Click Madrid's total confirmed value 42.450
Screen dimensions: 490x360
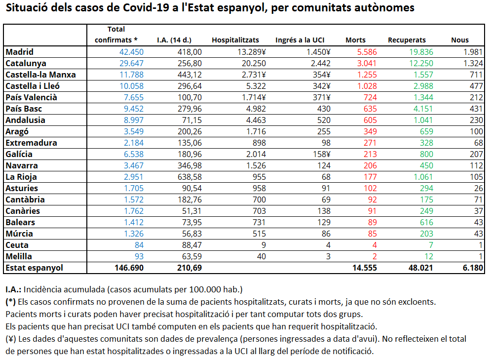(131, 52)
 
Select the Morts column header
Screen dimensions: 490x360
(355, 40)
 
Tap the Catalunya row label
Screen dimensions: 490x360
(26, 64)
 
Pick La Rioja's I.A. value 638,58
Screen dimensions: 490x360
(189, 177)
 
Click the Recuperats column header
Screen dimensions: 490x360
(407, 40)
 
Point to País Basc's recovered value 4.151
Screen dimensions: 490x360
(423, 109)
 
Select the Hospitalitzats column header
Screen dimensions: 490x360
(235, 40)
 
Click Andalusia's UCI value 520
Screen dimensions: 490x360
(324, 120)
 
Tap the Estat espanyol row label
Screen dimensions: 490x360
(35, 268)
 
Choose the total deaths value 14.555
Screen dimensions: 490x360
(364, 268)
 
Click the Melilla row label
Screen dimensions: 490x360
(19, 256)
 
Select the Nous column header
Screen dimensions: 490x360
(460, 40)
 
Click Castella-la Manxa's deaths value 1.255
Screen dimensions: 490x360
(367, 75)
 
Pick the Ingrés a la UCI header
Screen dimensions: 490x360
(300, 40)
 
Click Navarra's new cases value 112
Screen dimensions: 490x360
(476, 166)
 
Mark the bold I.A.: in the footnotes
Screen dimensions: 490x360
(13, 289)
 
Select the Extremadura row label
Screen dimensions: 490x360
(31, 143)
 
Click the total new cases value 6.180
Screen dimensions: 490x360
(473, 268)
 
